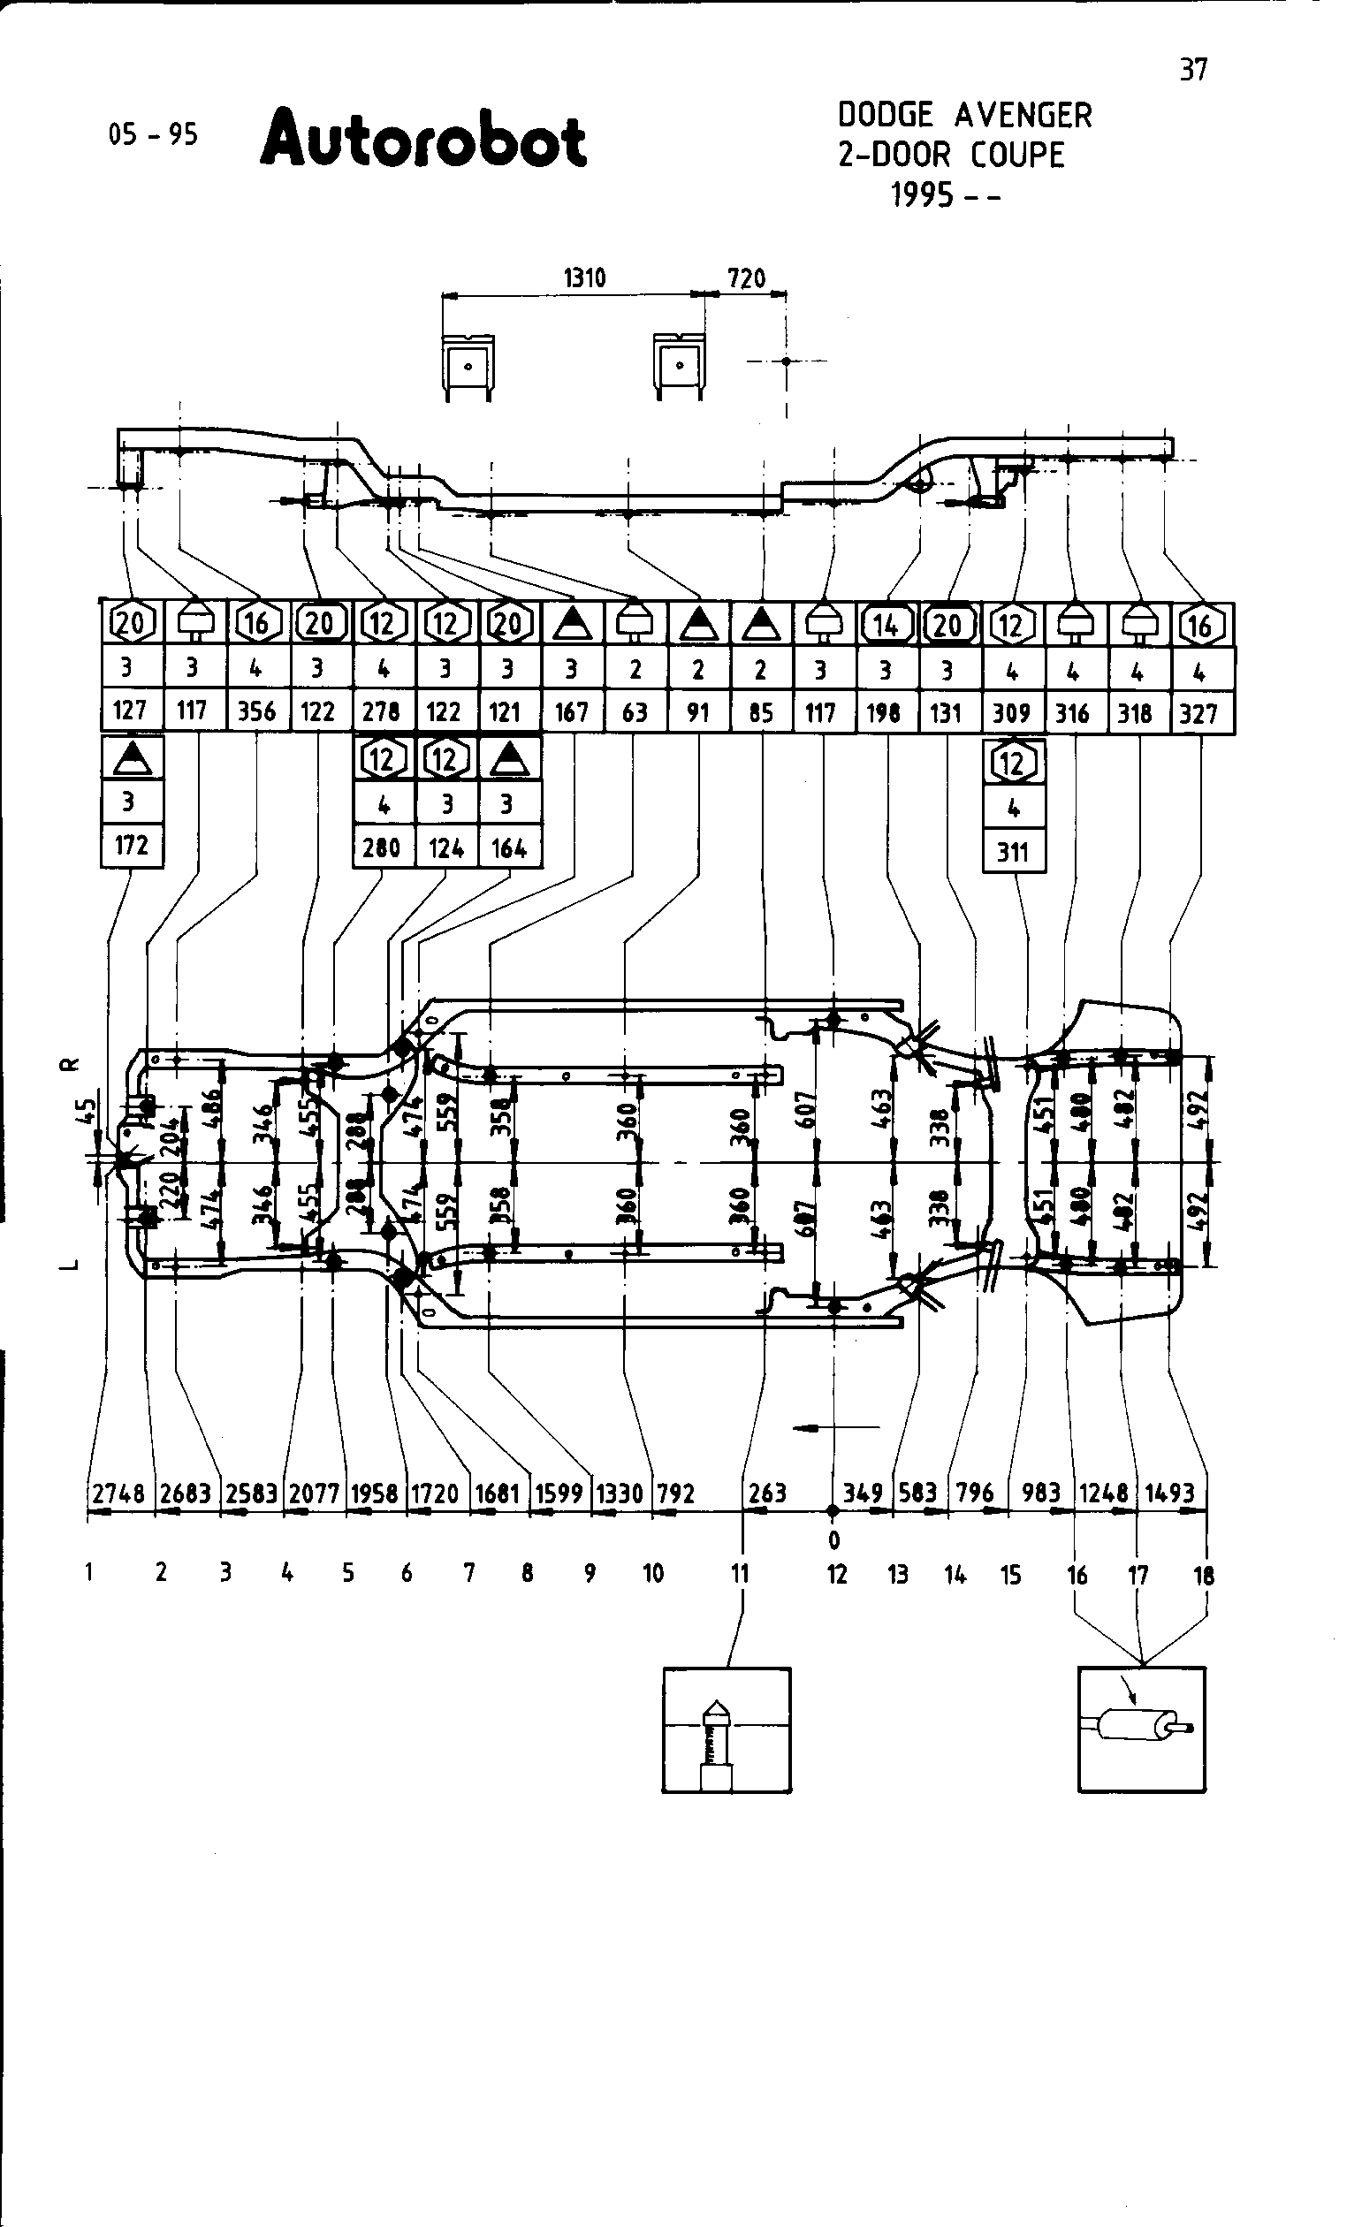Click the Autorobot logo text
click(x=424, y=141)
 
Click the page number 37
click(x=1193, y=70)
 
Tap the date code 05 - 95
click(x=153, y=134)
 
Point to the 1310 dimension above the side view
click(x=585, y=277)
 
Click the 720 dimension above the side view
click(x=747, y=277)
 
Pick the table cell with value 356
click(x=256, y=711)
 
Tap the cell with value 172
click(x=131, y=845)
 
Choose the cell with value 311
click(x=1013, y=850)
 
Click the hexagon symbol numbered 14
click(x=886, y=625)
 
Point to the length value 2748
click(x=118, y=1493)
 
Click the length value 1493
click(x=1170, y=1493)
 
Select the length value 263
click(x=767, y=1493)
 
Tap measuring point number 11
click(x=740, y=1574)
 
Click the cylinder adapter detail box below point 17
click(x=1141, y=1728)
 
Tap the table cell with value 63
click(x=635, y=712)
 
